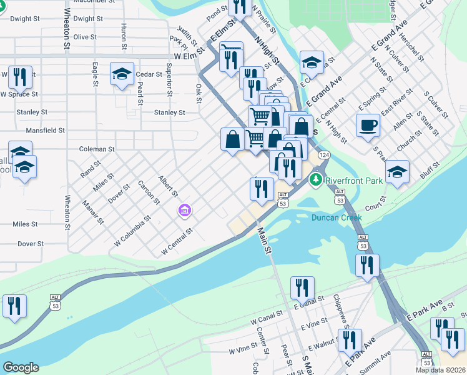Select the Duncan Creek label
[337, 218]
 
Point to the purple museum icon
[184, 211]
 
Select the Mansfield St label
[46, 131]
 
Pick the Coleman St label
[97, 149]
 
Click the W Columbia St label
[133, 232]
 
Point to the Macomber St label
[92, 2]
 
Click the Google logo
[21, 367]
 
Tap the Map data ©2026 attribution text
[440, 370]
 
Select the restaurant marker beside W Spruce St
[19, 77]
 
